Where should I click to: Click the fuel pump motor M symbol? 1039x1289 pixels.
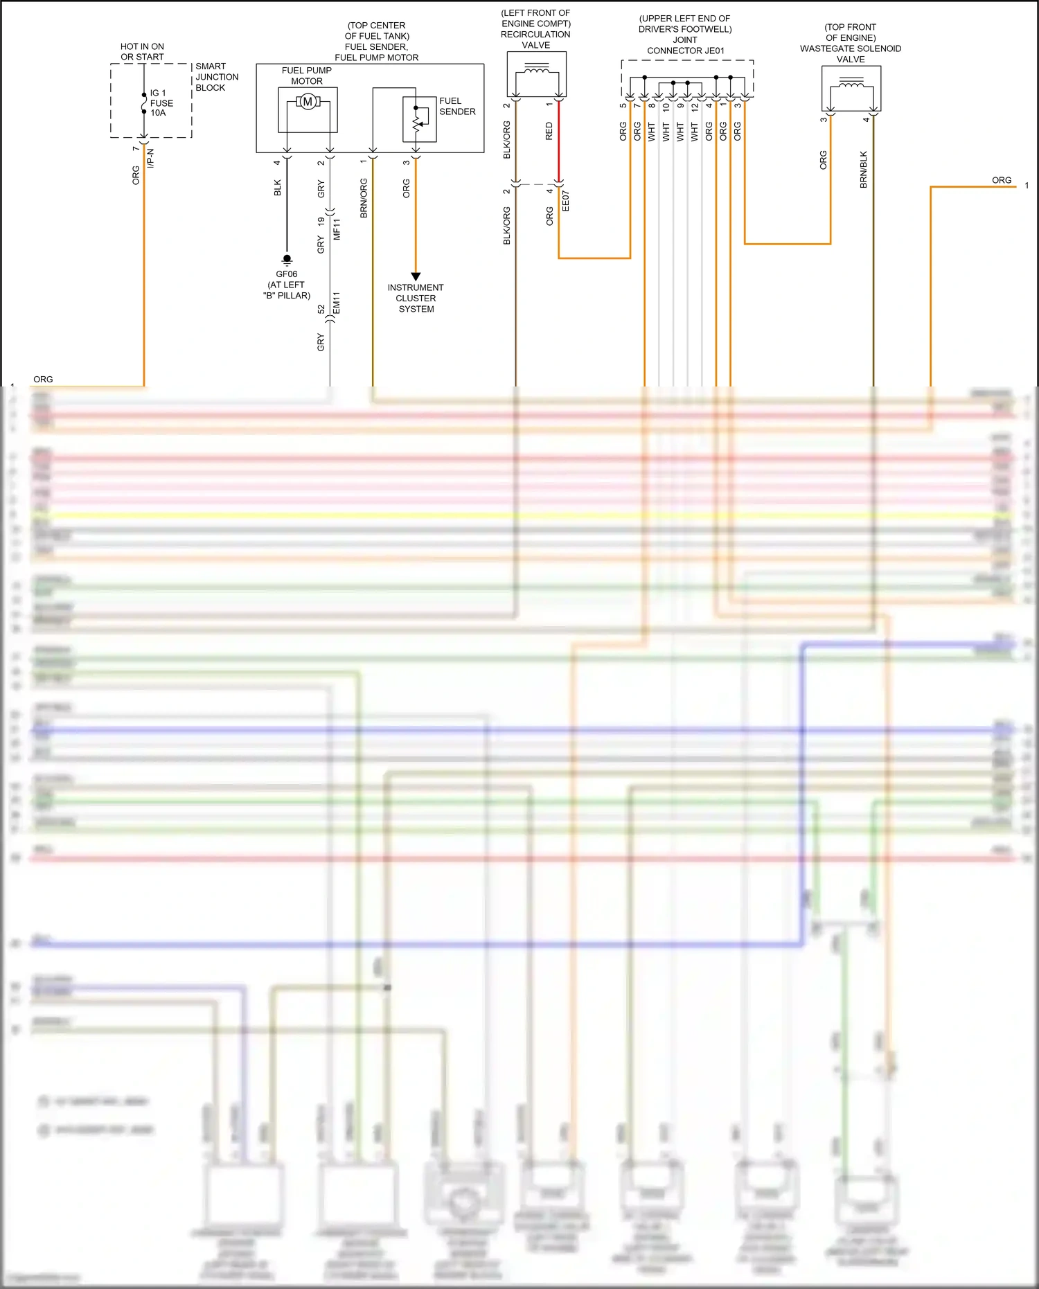point(308,103)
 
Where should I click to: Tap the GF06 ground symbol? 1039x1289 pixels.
point(287,260)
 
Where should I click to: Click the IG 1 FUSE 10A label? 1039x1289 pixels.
point(161,103)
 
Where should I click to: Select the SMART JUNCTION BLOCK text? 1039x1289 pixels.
point(216,77)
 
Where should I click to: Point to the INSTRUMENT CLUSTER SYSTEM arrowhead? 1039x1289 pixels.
point(416,276)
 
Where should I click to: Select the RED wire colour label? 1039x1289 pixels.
point(549,132)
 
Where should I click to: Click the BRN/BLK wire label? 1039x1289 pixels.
point(864,170)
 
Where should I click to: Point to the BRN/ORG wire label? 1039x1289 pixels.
point(364,198)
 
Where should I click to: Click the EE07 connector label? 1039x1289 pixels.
point(565,201)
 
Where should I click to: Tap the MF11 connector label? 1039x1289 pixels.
point(337,229)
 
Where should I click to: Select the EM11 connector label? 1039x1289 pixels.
point(337,303)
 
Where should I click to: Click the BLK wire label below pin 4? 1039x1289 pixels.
point(278,188)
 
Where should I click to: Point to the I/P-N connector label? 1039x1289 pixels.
point(151,158)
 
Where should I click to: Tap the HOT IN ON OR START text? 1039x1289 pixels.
point(142,52)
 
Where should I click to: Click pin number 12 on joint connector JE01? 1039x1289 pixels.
point(695,107)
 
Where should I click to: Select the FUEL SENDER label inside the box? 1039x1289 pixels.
point(457,106)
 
